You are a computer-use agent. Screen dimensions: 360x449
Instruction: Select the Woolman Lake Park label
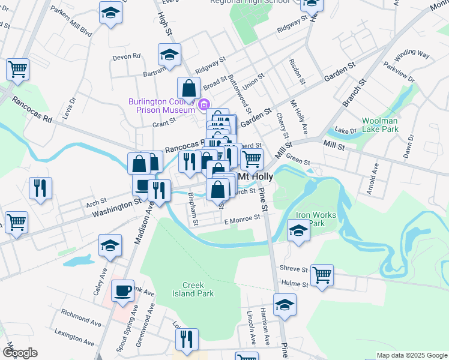(x=380, y=125)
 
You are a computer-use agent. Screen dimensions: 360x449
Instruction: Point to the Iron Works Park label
(x=310, y=219)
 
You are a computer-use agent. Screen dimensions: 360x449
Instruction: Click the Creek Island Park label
(x=197, y=289)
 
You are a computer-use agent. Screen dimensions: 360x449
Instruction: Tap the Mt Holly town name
(x=256, y=177)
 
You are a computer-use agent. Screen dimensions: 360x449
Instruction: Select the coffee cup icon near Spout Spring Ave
(x=124, y=291)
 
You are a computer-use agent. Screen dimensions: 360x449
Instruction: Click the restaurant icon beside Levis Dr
(x=40, y=187)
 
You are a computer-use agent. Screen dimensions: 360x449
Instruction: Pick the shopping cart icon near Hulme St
(x=322, y=275)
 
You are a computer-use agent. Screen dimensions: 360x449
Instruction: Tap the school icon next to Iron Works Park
(x=298, y=230)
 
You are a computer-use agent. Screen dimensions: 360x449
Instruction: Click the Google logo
(x=20, y=353)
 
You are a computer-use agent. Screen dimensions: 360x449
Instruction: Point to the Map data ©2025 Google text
(x=411, y=355)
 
